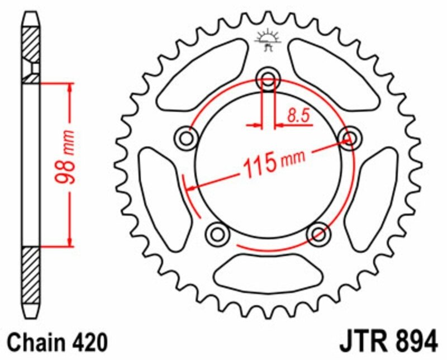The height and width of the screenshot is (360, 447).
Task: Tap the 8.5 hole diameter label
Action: [x=298, y=116]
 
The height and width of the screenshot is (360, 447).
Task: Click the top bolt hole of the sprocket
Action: [x=268, y=80]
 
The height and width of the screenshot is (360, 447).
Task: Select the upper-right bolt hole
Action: [x=349, y=137]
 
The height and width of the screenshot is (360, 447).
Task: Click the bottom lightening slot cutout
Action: [x=268, y=273]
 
